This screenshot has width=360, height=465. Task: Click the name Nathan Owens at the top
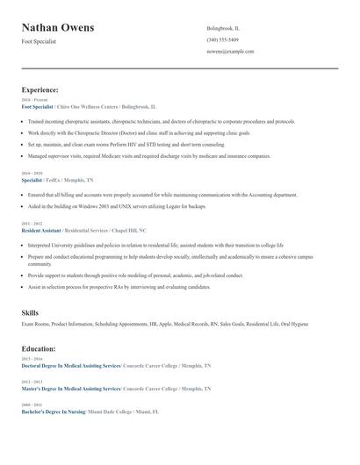pos(58,28)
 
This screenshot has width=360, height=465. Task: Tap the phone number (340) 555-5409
pos(222,39)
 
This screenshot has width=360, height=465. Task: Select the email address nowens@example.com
pos(230,51)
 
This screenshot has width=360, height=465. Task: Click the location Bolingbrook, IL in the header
pos(223,28)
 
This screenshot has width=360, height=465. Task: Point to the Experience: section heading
pos(40,89)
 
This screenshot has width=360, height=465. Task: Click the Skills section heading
pos(30,312)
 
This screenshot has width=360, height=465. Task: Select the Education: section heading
pos(40,348)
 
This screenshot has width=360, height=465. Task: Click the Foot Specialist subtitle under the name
pos(39,41)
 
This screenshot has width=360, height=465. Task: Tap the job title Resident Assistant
pos(41,230)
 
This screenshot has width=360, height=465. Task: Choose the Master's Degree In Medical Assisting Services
pos(70,388)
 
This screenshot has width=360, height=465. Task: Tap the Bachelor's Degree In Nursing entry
pos(54,411)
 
